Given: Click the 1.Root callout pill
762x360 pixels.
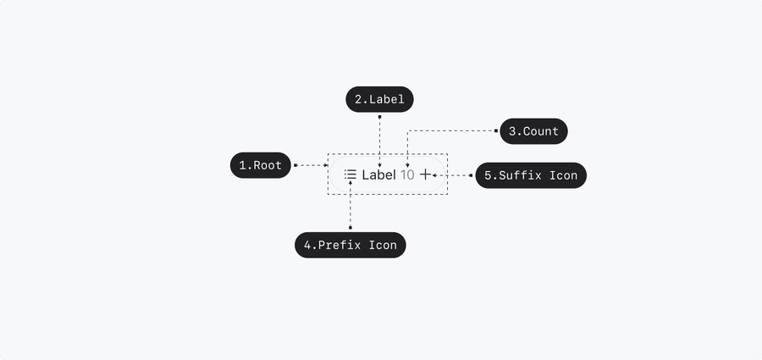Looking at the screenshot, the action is click(x=261, y=165).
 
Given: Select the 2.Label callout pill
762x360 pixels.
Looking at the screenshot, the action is click(x=379, y=99).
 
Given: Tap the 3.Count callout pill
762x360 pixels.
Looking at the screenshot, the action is click(x=533, y=131).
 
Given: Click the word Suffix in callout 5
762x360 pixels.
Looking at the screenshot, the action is click(x=520, y=175).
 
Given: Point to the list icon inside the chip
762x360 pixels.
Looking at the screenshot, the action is click(x=351, y=174).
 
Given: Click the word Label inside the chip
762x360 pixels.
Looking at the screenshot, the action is click(x=379, y=174).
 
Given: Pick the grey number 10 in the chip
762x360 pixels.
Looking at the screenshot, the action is click(x=407, y=175).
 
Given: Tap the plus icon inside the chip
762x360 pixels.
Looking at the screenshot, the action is click(x=425, y=174).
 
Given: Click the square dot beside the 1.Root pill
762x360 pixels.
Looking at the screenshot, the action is click(x=295, y=165).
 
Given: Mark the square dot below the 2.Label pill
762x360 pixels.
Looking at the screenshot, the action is click(x=379, y=117).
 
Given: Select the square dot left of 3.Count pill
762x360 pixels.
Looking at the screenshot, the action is click(x=496, y=130).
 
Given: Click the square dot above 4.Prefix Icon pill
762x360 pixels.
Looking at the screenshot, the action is click(x=351, y=227).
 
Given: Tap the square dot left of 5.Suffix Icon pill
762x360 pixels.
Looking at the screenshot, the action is click(x=471, y=175).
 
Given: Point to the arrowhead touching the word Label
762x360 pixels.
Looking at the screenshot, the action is click(x=379, y=167).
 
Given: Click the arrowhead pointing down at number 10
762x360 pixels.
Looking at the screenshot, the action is click(x=407, y=167).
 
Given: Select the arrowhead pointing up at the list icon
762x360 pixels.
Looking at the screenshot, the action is click(x=351, y=182).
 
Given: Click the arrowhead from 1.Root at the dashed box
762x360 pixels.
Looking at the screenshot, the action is click(x=326, y=165).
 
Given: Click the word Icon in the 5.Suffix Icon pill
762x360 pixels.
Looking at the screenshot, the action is click(x=564, y=175).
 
